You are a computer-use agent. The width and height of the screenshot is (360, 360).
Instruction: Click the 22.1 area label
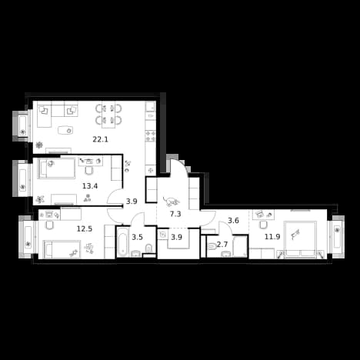tap(100, 139)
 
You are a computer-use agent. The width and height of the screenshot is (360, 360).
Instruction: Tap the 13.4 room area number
tap(90, 186)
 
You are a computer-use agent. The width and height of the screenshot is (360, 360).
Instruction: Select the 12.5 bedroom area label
tap(85, 228)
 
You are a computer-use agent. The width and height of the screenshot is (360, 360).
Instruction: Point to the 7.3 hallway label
tap(175, 214)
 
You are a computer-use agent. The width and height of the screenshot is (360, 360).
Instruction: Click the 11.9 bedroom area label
tap(272, 237)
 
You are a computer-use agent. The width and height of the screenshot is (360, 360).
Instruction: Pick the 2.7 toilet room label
tap(222, 245)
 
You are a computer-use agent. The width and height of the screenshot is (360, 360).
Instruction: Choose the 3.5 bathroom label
tap(137, 237)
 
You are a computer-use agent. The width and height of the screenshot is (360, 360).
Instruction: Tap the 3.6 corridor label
tap(234, 221)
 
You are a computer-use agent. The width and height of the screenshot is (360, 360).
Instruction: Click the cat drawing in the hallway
tap(171, 201)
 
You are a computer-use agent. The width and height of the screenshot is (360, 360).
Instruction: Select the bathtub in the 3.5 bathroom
tap(122, 242)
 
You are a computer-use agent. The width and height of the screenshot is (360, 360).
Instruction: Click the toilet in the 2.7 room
tap(212, 247)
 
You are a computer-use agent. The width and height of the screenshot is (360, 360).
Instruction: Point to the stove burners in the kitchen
tap(151, 136)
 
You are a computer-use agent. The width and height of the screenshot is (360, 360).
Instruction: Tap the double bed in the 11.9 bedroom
tap(300, 239)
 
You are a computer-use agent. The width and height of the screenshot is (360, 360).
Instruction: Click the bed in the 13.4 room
tap(57, 168)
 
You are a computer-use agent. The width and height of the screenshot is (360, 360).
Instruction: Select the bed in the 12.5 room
tap(62, 249)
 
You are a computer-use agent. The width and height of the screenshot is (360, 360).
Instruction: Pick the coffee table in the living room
tap(65, 130)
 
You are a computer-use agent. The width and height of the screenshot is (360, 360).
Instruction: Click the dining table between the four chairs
tap(108, 115)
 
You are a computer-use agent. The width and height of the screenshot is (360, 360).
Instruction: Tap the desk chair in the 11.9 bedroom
tap(263, 225)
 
